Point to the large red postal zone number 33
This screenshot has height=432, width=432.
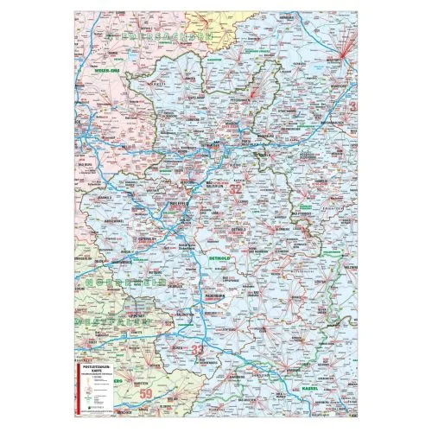click(x=200, y=349)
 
